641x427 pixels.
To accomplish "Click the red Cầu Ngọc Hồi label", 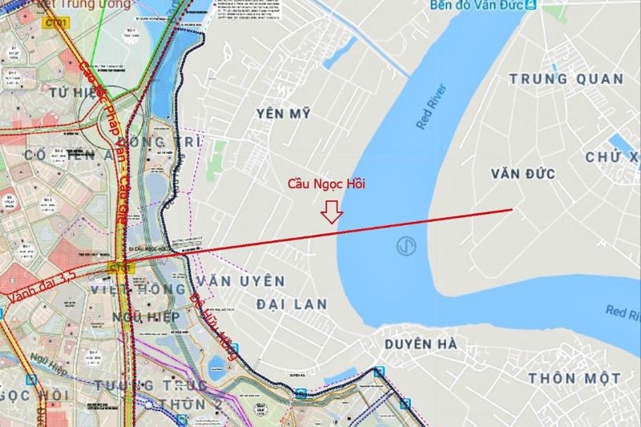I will [326, 185].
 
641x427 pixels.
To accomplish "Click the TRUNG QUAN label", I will [566, 79].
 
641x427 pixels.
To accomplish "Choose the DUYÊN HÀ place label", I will [421, 344].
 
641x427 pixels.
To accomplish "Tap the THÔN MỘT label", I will [574, 377].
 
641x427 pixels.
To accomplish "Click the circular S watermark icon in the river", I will [407, 247].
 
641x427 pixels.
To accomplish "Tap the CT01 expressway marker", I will [57, 23].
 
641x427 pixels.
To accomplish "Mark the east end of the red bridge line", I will [512, 210].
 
